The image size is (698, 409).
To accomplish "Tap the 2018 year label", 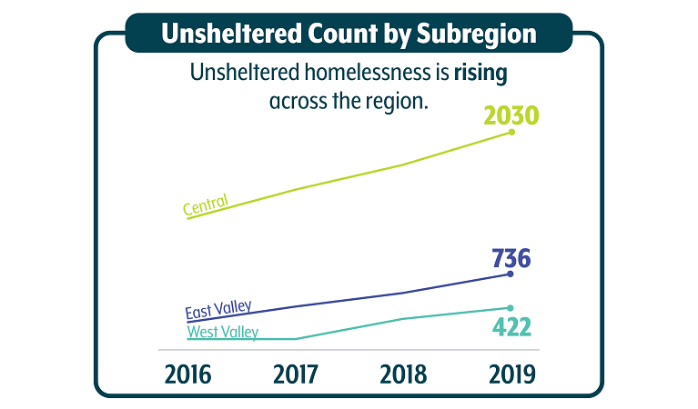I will click(403, 374).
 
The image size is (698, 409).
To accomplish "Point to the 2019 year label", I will click(510, 374).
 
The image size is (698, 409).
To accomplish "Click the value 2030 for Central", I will click(512, 115).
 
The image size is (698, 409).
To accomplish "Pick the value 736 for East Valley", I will click(511, 258).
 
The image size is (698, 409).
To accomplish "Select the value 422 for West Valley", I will click(511, 325).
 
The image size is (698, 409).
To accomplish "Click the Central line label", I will click(205, 207).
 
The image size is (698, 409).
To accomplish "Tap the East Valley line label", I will click(218, 310).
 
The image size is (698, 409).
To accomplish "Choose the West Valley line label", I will click(222, 333).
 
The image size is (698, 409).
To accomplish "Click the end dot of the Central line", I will click(511, 132).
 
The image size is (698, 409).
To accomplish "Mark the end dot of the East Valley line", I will click(511, 274).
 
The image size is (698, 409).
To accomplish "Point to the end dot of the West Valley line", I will click(511, 307).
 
